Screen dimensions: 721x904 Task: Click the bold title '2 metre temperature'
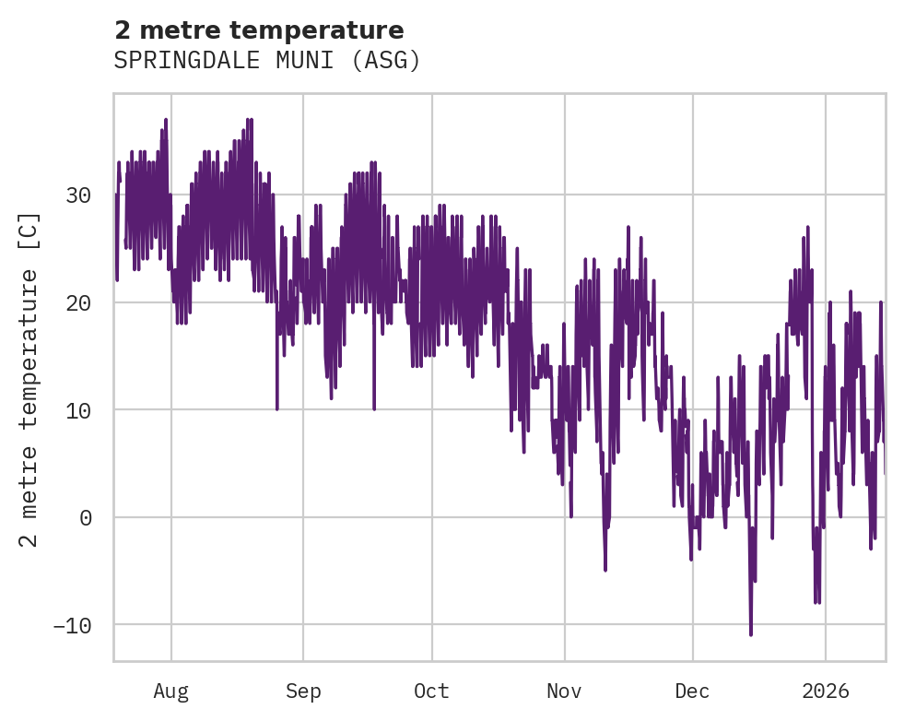[x=259, y=30]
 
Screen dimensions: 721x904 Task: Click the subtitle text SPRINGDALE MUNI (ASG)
[x=267, y=61]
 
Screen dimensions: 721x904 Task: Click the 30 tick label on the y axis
[x=78, y=195]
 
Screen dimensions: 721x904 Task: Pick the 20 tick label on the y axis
[x=78, y=302]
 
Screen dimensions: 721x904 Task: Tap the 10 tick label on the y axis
[x=78, y=410]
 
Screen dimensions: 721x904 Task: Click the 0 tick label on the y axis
[x=86, y=517]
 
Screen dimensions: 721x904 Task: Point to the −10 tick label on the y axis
[x=72, y=625]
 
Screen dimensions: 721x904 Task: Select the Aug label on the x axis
[x=170, y=691]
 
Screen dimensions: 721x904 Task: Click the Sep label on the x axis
[x=302, y=691]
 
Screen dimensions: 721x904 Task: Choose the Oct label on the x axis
[x=431, y=691]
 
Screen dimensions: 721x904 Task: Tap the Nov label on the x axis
[x=564, y=691]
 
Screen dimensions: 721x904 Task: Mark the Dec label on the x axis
[x=692, y=691]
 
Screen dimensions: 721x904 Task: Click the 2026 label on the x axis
[x=826, y=691]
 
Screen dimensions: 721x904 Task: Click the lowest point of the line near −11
[x=751, y=633]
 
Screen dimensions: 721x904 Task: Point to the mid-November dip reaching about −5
[x=605, y=569]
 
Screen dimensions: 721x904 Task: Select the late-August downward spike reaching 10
[x=276, y=408]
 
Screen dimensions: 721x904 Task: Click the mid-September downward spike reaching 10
[x=374, y=408]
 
